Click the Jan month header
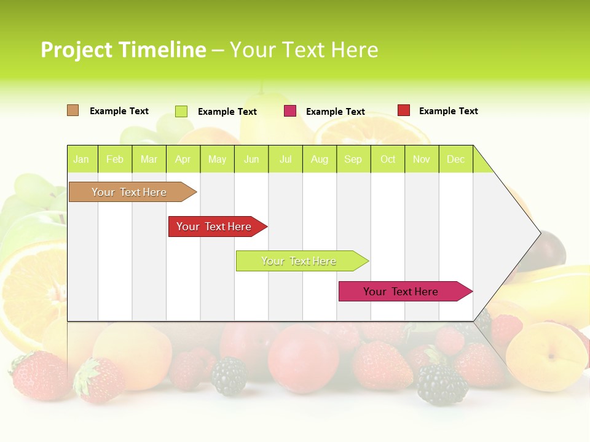82,159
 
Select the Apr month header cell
183,159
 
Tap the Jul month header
285,159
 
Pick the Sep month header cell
353,159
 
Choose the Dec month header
455,159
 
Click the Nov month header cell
422,159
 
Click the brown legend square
73,110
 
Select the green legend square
181,111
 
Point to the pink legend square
290,111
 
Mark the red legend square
404,110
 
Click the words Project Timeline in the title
124,50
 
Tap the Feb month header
115,159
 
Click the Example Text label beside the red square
448,111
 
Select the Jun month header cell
251,159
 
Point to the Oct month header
388,159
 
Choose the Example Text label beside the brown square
119,111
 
